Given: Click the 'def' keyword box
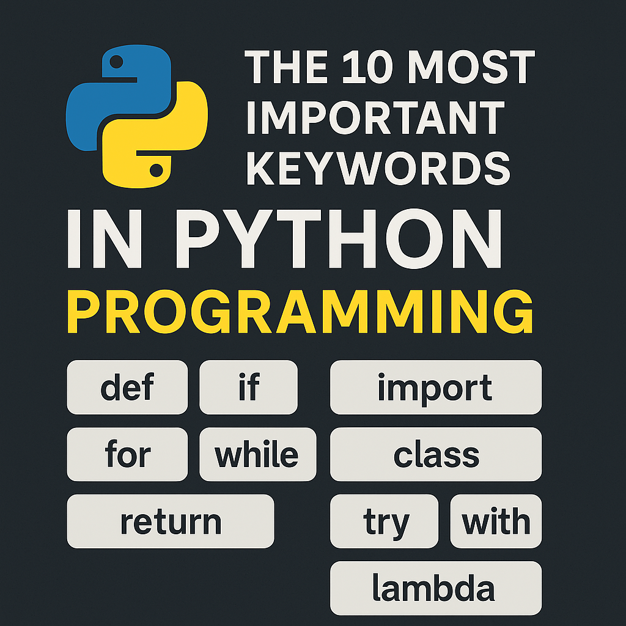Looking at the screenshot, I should click(127, 387).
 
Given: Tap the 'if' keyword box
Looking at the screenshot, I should click(248, 387).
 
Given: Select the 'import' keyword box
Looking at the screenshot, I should click(435, 387).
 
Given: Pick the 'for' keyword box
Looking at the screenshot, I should click(127, 454).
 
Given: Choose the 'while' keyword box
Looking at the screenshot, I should click(257, 454).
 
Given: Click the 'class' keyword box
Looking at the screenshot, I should click(435, 454).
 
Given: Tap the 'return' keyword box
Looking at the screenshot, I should click(170, 521).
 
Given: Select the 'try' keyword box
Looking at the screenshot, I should click(384, 521).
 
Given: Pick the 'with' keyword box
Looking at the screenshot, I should click(496, 521).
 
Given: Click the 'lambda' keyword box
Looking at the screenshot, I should click(435, 588).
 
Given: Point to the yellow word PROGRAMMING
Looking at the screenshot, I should click(300, 313).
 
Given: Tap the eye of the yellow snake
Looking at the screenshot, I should click(156, 169).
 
